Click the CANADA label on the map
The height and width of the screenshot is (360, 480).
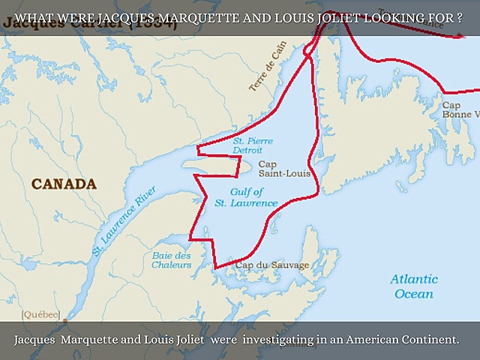point(64,184)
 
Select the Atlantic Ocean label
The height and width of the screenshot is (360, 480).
point(414,286)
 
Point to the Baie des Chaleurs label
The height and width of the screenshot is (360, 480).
point(171,260)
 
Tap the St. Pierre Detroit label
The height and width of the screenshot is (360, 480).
point(253,145)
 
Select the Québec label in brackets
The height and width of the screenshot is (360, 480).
point(41,313)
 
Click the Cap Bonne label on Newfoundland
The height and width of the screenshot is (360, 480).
point(459,109)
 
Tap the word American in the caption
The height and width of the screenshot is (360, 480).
point(365,340)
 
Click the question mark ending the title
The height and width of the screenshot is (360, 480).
point(459,16)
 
